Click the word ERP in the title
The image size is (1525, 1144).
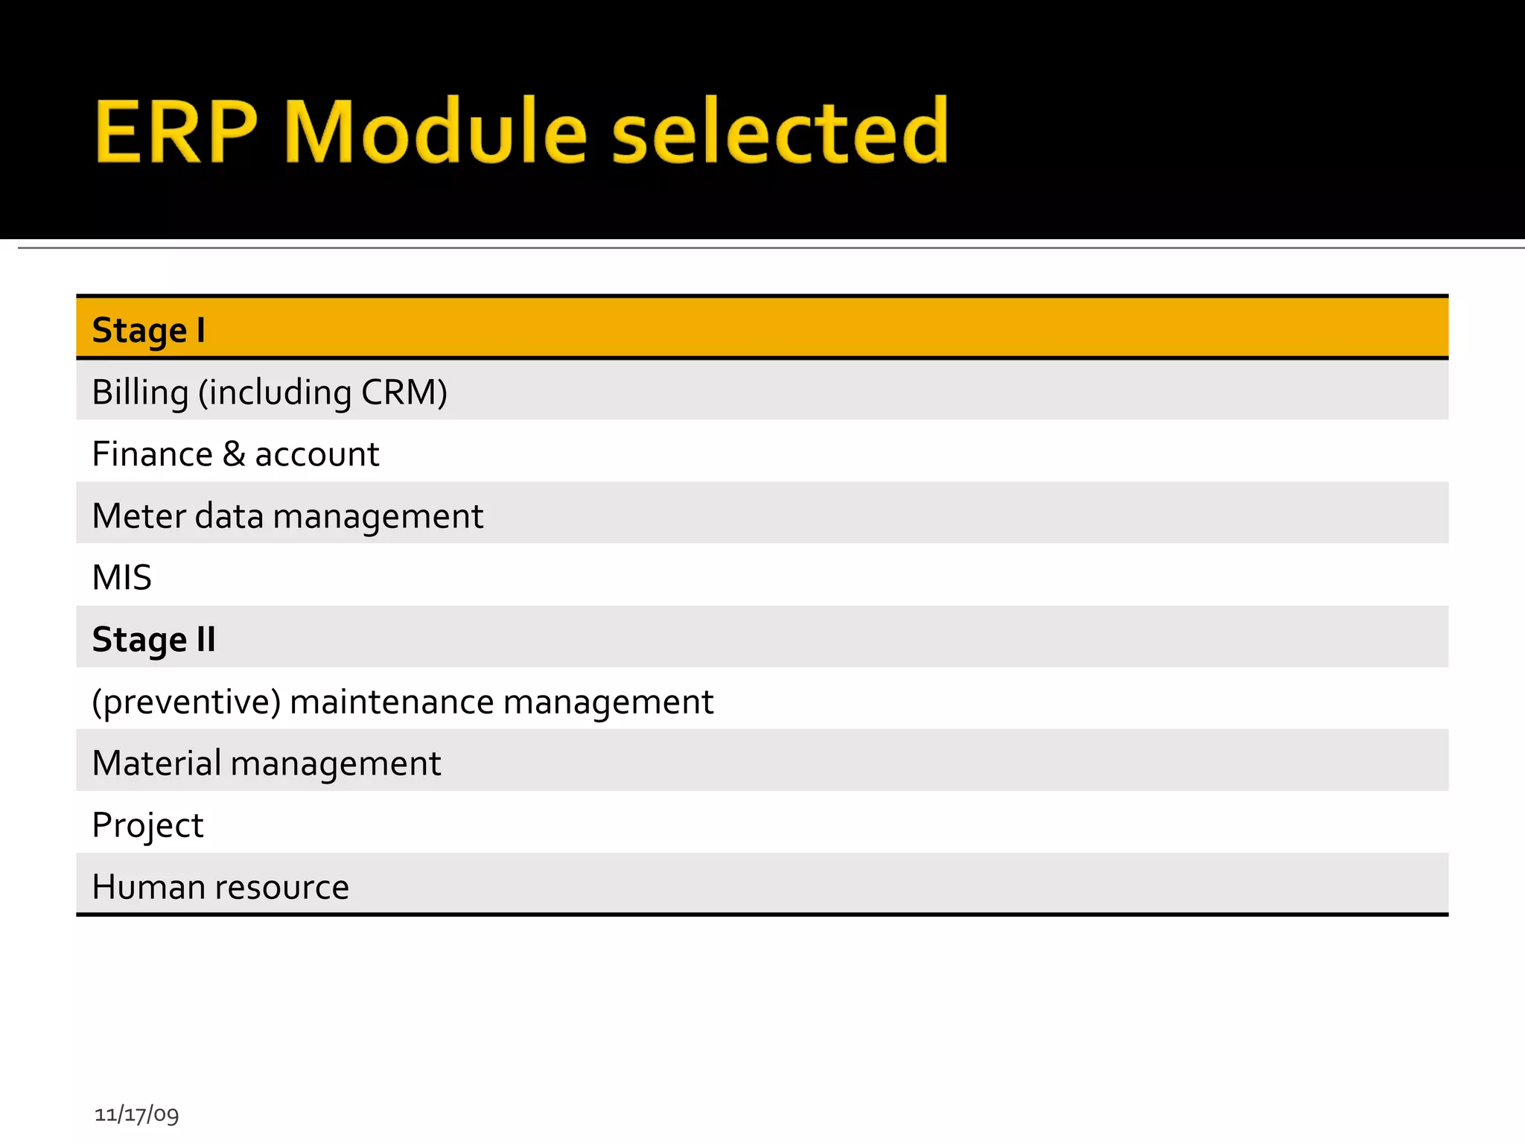point(176,132)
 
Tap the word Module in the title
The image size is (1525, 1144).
point(436,132)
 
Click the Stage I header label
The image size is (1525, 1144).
point(148,330)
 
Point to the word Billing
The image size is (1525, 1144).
point(140,393)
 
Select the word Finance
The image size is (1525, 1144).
point(152,454)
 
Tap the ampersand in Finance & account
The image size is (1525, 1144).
point(234,454)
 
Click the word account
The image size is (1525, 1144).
point(316,455)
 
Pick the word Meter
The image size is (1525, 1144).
point(139,516)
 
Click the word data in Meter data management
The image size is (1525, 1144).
point(229,516)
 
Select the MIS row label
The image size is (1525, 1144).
point(121,578)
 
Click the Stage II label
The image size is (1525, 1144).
point(153,640)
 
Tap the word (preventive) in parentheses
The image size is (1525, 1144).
point(186,702)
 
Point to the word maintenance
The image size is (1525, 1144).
point(392,702)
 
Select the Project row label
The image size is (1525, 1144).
point(147,826)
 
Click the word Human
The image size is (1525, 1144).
point(148,887)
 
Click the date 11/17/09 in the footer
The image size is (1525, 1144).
point(136,1114)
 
